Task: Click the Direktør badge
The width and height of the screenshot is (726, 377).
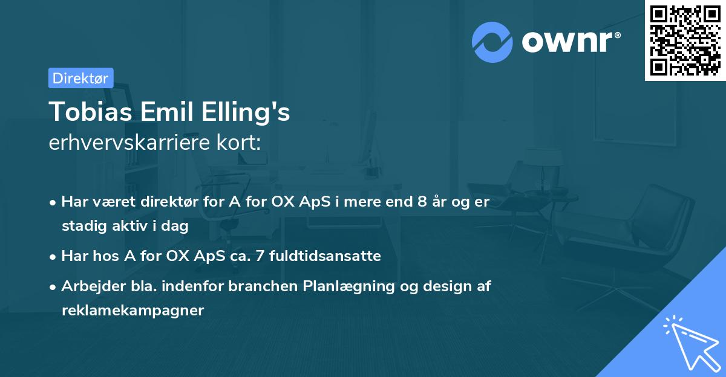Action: [80, 78]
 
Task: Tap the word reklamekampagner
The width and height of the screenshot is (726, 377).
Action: [132, 311]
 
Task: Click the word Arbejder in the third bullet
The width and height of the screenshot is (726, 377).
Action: [87, 286]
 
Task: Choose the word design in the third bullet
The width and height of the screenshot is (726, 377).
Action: [445, 286]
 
